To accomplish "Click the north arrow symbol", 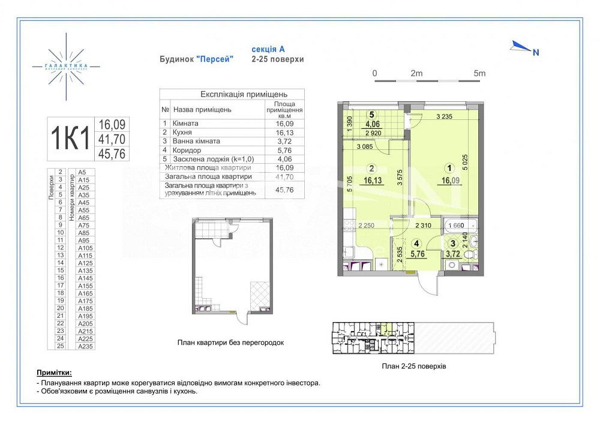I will point(520,46).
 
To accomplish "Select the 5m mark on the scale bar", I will point(479,73).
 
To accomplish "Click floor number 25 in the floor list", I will point(60,346).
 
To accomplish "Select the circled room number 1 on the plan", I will point(446,169).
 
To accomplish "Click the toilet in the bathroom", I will point(473,242).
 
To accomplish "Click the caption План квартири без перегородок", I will point(230,342).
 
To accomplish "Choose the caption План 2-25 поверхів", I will point(413,365).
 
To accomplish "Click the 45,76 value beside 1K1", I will point(112,154).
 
